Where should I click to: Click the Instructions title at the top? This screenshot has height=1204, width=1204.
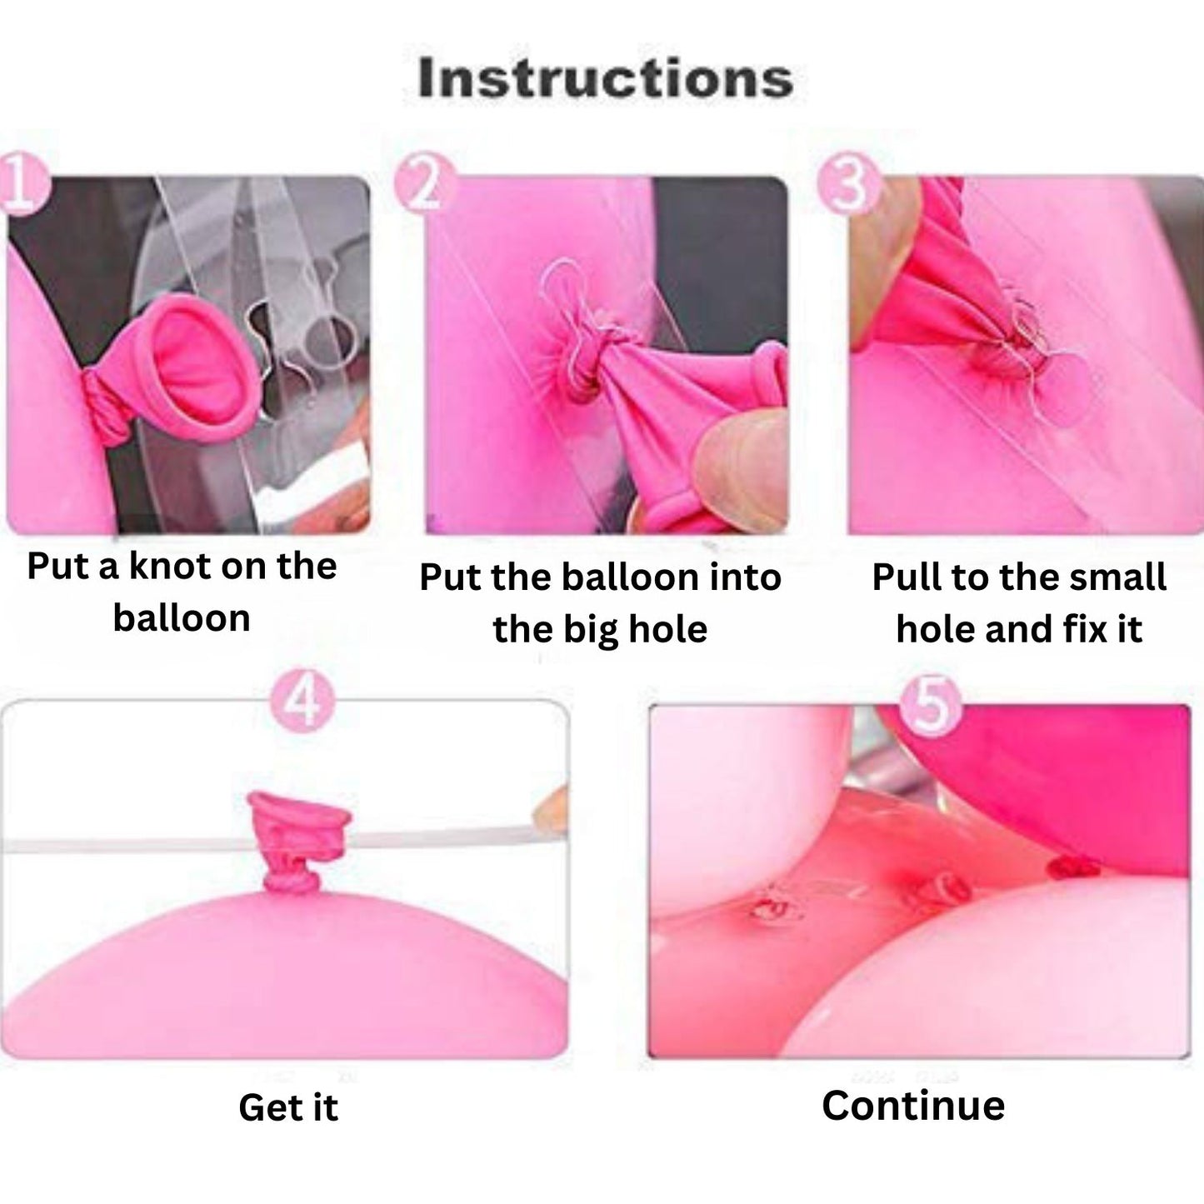point(605,78)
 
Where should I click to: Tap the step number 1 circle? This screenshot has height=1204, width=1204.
point(22,186)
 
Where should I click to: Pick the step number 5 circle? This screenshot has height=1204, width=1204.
point(931,706)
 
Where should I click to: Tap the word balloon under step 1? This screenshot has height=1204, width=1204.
point(181,618)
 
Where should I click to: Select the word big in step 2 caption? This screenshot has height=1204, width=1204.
point(589,630)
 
